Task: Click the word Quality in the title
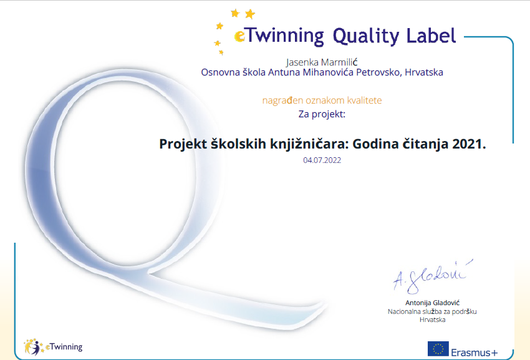[366, 36]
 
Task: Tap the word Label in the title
[431, 35]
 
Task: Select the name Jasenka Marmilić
[322, 62]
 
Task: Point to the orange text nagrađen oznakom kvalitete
[322, 100]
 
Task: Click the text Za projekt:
[322, 114]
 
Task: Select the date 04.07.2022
[322, 160]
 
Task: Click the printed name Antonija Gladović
[432, 303]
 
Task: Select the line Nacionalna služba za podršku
[432, 311]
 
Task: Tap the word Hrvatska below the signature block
[432, 319]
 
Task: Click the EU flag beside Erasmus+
[438, 349]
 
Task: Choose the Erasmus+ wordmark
[475, 353]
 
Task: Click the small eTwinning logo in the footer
[53, 347]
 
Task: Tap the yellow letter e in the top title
[239, 36]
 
